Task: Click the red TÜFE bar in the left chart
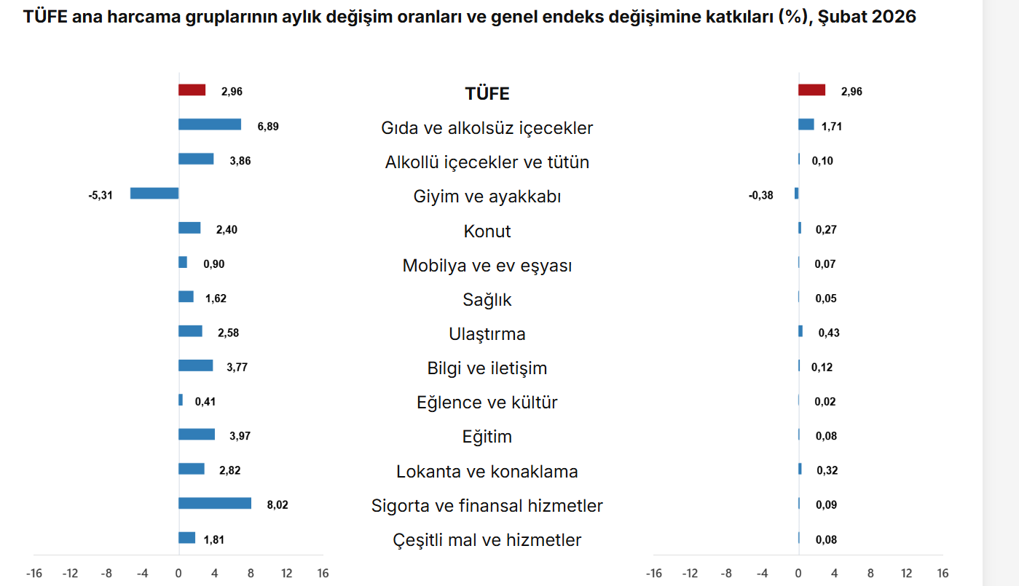pos(192,90)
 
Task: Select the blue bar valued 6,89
pos(210,124)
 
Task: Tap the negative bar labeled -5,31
pos(154,194)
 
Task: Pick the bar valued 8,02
pos(215,503)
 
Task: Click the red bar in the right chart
pos(811,90)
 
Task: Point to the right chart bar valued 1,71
pos(806,124)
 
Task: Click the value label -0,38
pos(760,195)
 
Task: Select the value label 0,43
pos(829,333)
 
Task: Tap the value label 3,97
pos(240,436)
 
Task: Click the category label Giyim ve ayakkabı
pos(487,197)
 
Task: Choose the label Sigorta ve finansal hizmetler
pos(487,505)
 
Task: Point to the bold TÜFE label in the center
pos(487,94)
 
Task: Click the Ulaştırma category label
pos(487,334)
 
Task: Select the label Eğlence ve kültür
pos(487,403)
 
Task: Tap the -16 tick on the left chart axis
pos(34,573)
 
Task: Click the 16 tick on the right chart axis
pos(943,573)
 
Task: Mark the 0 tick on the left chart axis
pos(178,573)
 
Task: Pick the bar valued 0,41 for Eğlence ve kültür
pos(181,400)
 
